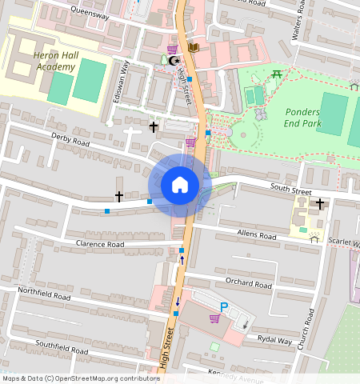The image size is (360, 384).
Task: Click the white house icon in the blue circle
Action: click(180, 185)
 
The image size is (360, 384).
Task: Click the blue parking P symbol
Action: click(224, 306)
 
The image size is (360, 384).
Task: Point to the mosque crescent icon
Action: click(165, 60)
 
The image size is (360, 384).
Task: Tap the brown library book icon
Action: click(193, 48)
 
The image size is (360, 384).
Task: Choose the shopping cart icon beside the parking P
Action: click(214, 318)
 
